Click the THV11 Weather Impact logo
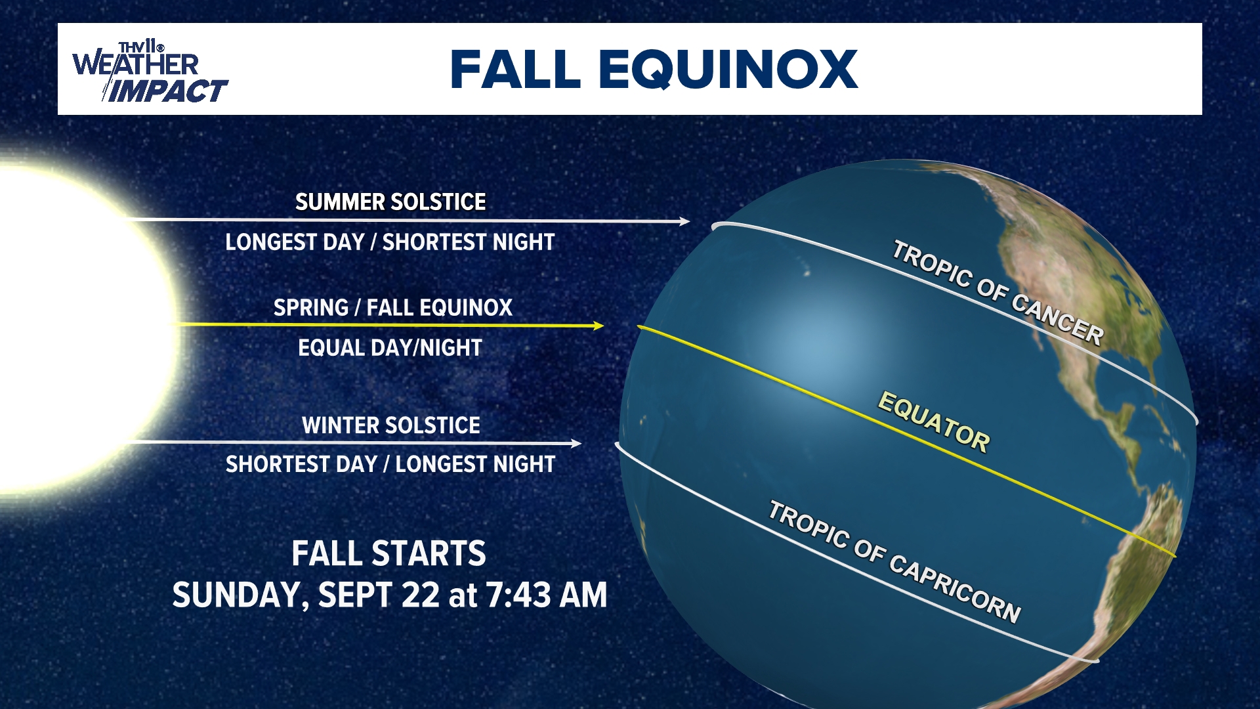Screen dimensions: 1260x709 [150, 71]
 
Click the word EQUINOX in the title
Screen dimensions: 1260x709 [728, 70]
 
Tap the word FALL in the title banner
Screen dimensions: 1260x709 [516, 69]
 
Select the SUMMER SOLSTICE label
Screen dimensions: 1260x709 [390, 202]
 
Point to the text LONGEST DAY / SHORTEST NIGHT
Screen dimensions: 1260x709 [390, 242]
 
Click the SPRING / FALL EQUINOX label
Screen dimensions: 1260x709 [392, 307]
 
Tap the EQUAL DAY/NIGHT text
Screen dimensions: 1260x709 [390, 347]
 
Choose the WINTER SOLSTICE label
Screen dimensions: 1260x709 [391, 425]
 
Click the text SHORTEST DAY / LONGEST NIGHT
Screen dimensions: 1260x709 [390, 464]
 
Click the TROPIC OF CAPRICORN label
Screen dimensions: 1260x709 [894, 561]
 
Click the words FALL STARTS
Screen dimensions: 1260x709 [388, 553]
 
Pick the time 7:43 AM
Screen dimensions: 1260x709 [547, 595]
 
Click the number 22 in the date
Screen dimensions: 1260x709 [420, 595]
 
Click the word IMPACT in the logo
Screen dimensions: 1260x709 [168, 91]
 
